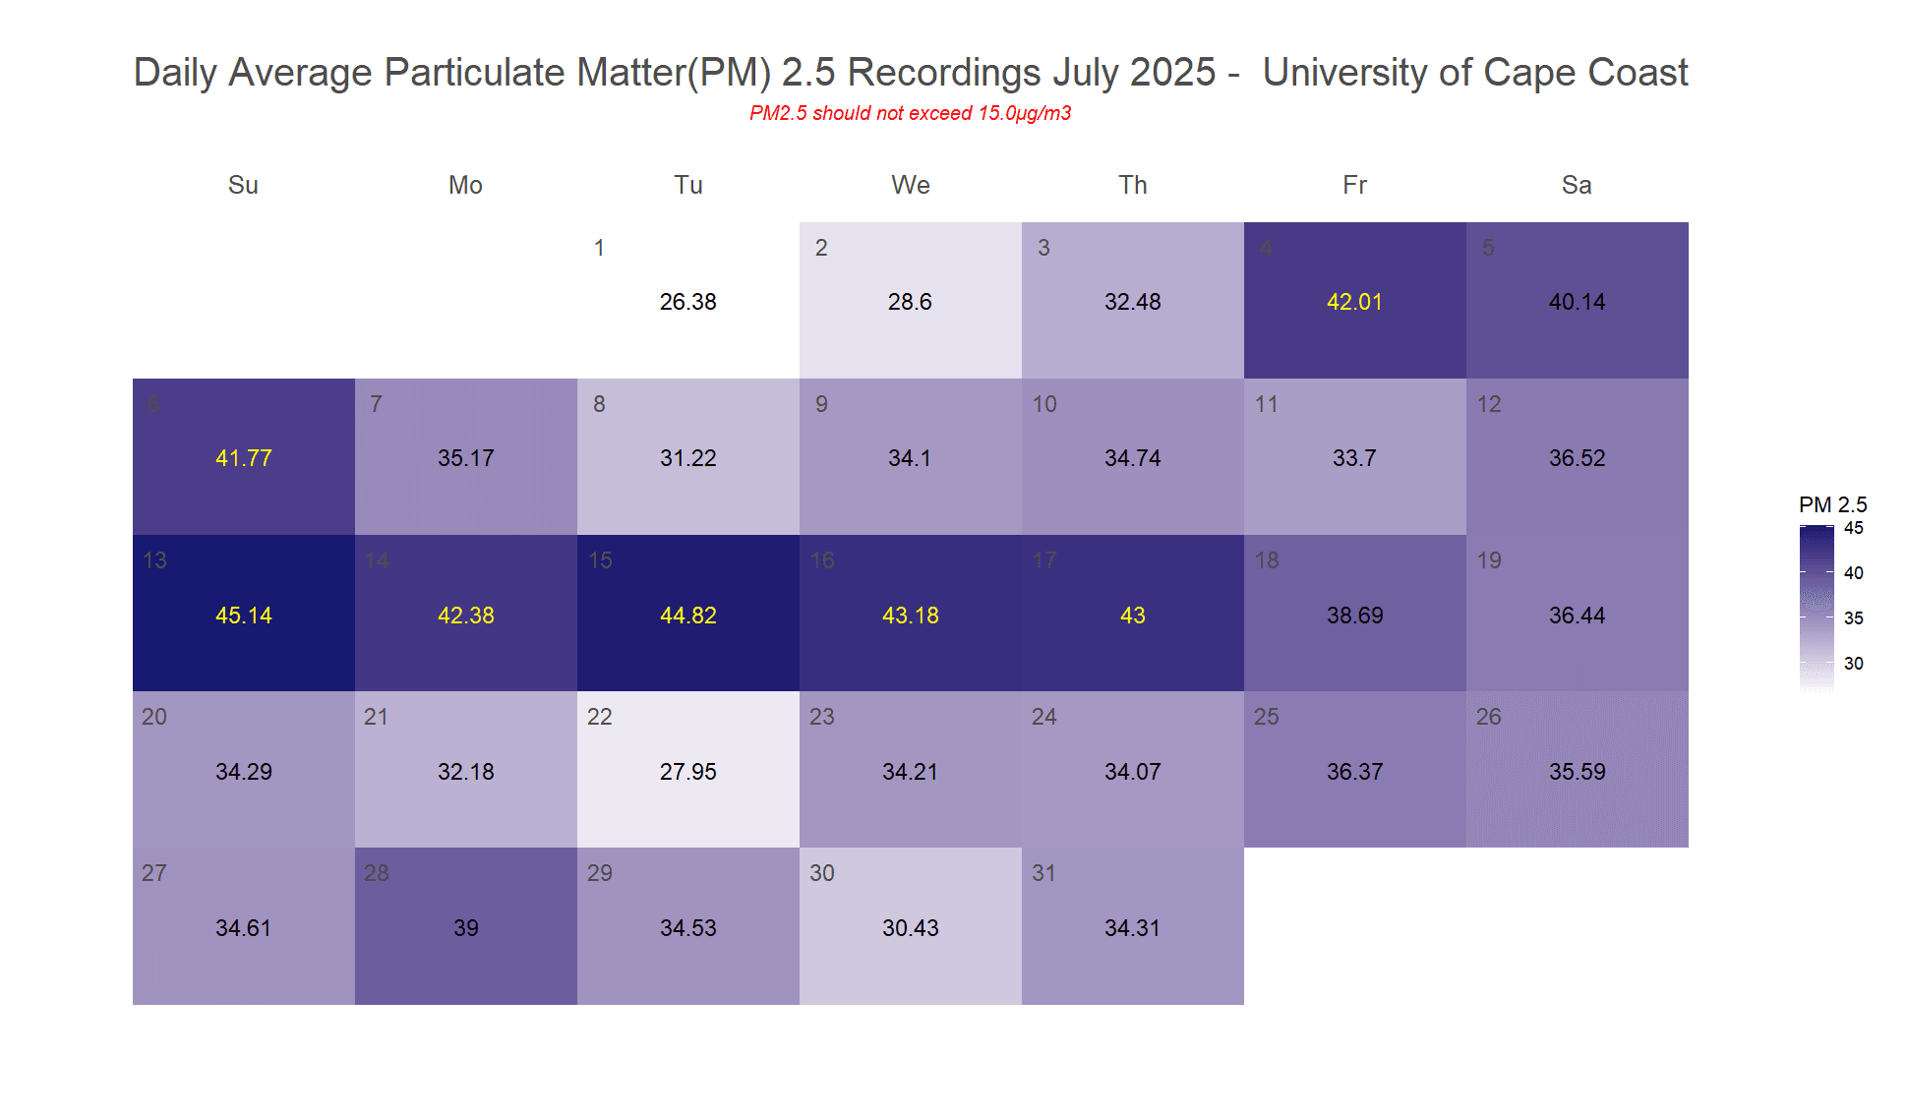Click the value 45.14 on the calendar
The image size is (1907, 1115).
[243, 616]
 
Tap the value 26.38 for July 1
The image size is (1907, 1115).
[687, 302]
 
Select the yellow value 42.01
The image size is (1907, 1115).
[1354, 302]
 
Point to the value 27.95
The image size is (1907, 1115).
[687, 772]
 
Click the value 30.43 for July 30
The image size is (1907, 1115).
[910, 928]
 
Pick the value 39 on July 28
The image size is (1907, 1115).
[465, 928]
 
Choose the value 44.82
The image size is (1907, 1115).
[687, 616]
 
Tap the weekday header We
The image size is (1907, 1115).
[910, 185]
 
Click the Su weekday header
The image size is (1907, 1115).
[243, 185]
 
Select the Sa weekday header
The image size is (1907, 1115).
[1577, 185]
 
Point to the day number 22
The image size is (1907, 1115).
[599, 717]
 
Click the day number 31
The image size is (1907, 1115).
[1043, 873]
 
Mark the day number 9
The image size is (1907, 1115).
[821, 404]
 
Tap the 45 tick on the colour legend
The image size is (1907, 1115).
[1853, 528]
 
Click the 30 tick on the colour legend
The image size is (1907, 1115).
[1853, 664]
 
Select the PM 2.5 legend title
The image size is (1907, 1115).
[1832, 505]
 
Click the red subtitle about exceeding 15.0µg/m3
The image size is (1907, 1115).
[910, 113]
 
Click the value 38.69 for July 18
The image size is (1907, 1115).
[1354, 616]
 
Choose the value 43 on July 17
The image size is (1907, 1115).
[1132, 616]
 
